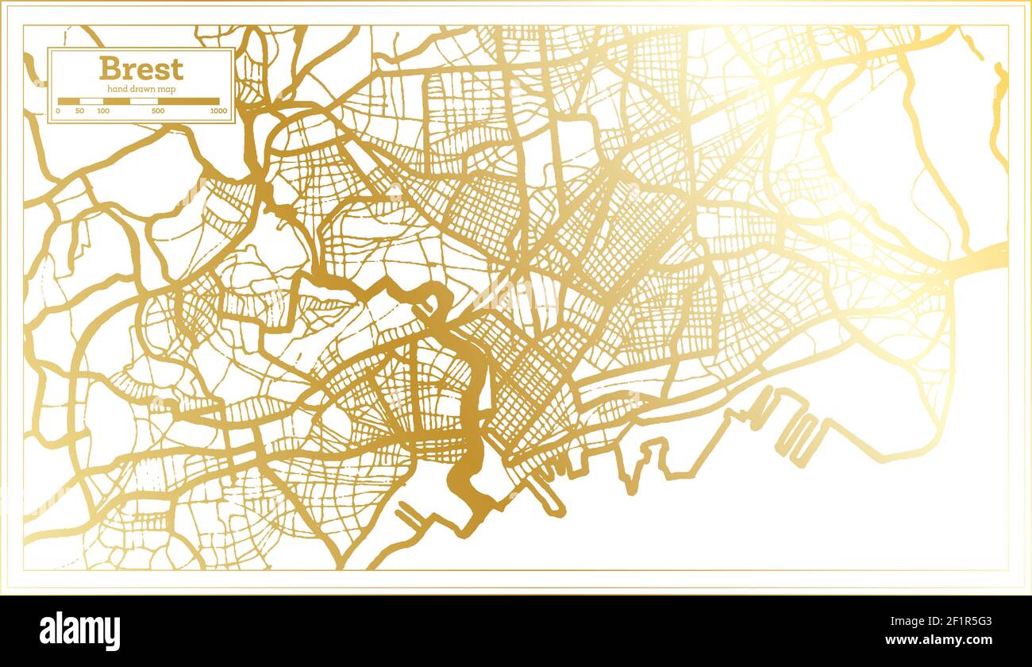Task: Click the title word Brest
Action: pos(141,68)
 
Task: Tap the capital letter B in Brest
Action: pos(108,68)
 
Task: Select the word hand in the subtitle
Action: pos(116,89)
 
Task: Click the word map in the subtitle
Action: pos(167,89)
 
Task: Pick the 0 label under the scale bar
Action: pos(58,111)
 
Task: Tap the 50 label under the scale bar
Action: pos(79,111)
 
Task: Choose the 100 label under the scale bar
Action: pos(103,111)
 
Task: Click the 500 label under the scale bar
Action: pos(157,111)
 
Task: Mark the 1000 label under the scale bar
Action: pos(218,111)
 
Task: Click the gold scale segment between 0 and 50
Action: pos(68,102)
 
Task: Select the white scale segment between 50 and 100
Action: pos(91,102)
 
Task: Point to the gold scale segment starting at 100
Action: pos(117,102)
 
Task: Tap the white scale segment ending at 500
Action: pos(144,102)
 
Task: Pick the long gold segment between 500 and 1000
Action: pos(188,102)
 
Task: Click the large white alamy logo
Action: pos(79,631)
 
